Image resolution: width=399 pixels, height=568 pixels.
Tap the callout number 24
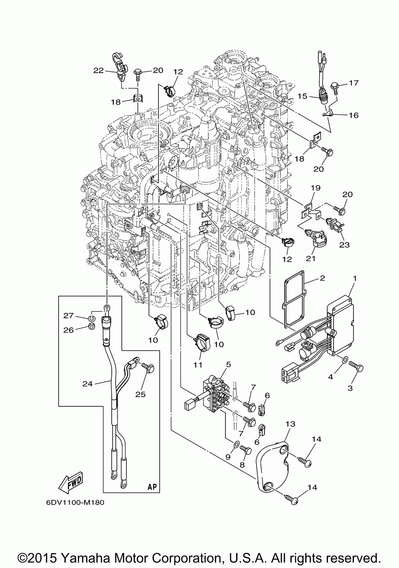(x=88, y=384)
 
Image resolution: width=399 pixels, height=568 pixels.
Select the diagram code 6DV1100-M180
(x=75, y=503)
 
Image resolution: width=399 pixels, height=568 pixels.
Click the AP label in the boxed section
(x=152, y=487)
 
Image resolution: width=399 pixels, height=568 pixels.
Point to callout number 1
(x=355, y=279)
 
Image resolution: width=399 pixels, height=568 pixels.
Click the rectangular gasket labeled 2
(x=294, y=299)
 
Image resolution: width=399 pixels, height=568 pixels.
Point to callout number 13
(x=290, y=424)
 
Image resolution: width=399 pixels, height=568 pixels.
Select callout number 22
(x=99, y=70)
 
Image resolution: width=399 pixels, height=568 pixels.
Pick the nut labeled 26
(x=92, y=327)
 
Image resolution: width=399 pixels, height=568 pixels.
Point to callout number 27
(x=69, y=316)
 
